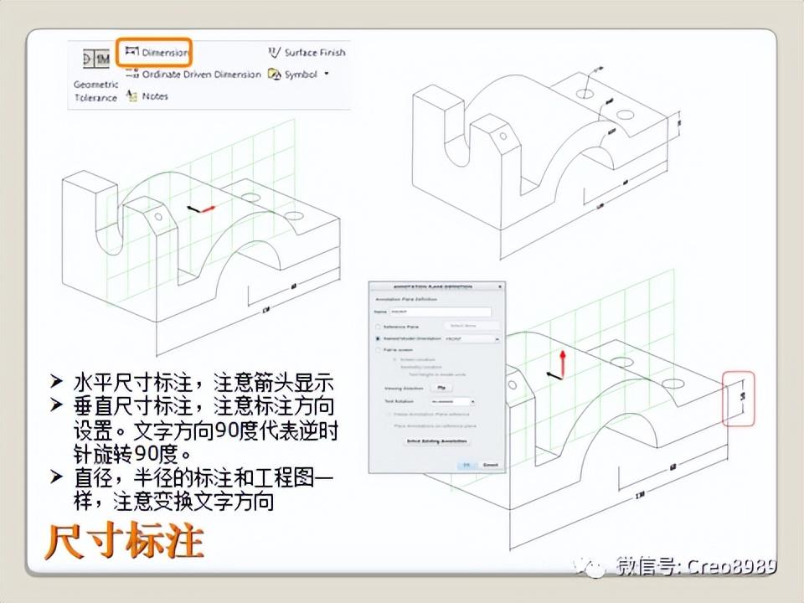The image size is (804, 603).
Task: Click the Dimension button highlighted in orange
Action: coord(155,53)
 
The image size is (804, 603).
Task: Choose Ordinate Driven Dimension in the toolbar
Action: coord(194,75)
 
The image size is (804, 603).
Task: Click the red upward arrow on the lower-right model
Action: coord(564,362)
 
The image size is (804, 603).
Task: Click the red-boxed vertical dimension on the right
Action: coord(739,398)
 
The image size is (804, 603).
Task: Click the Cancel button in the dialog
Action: coord(491,465)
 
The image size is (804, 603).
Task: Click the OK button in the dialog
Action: coord(466,465)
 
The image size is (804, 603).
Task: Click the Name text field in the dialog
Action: coord(441,312)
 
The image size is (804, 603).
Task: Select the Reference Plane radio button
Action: coord(378,327)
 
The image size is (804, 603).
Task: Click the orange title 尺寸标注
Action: coord(124,542)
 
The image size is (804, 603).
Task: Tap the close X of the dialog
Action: coord(500,286)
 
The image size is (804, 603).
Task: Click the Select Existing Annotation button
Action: coord(436,441)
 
